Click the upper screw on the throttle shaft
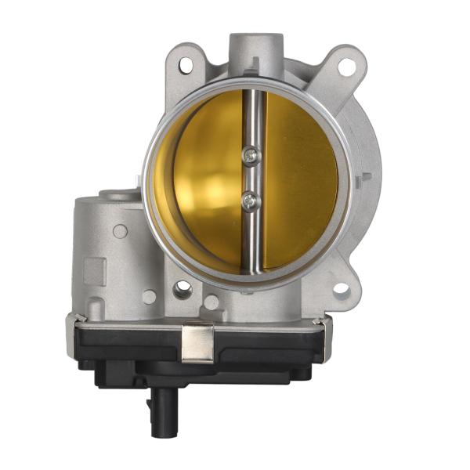[249, 157]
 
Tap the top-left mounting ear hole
[185, 67]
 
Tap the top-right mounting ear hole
[345, 67]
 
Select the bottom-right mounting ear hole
[341, 290]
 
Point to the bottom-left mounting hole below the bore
[183, 290]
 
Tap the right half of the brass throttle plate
[302, 180]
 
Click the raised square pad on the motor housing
[95, 271]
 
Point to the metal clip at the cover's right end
[320, 321]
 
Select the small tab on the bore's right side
[362, 180]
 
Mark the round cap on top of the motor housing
[117, 194]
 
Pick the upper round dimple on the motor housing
[120, 231]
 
